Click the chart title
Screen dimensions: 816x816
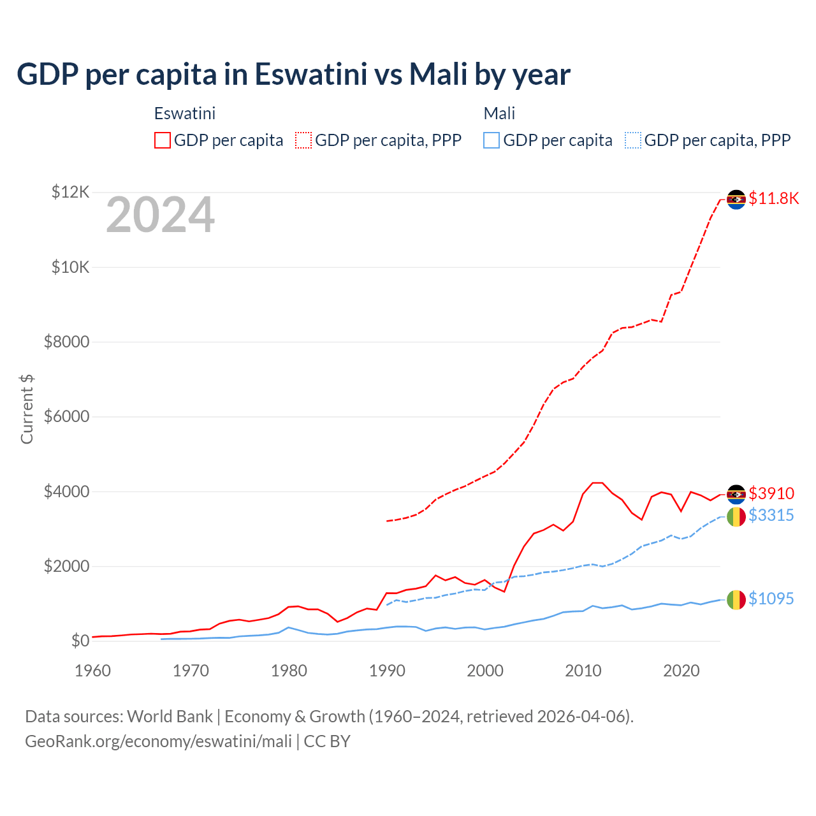(x=293, y=75)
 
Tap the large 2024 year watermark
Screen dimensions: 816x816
(x=160, y=215)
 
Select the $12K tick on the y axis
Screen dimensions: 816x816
(x=71, y=192)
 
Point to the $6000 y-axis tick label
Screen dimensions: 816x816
(x=66, y=417)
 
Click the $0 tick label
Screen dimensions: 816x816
(x=80, y=641)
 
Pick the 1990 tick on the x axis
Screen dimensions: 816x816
(x=387, y=671)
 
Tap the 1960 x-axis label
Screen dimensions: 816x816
(x=93, y=671)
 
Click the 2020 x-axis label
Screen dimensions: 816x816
(x=681, y=671)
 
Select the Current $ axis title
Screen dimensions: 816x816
(x=27, y=409)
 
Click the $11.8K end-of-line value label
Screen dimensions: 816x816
(x=773, y=198)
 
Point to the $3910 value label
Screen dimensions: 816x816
(x=771, y=493)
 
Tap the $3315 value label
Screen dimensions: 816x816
(x=771, y=515)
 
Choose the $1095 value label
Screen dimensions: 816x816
(x=771, y=599)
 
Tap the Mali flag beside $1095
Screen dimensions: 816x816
(x=736, y=599)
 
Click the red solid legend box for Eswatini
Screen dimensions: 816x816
(x=163, y=140)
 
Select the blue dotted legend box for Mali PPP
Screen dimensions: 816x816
(x=633, y=140)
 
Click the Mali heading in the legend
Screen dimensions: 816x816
(x=499, y=113)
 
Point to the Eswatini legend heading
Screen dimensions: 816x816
(x=185, y=113)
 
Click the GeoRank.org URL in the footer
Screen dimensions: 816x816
(x=158, y=741)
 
